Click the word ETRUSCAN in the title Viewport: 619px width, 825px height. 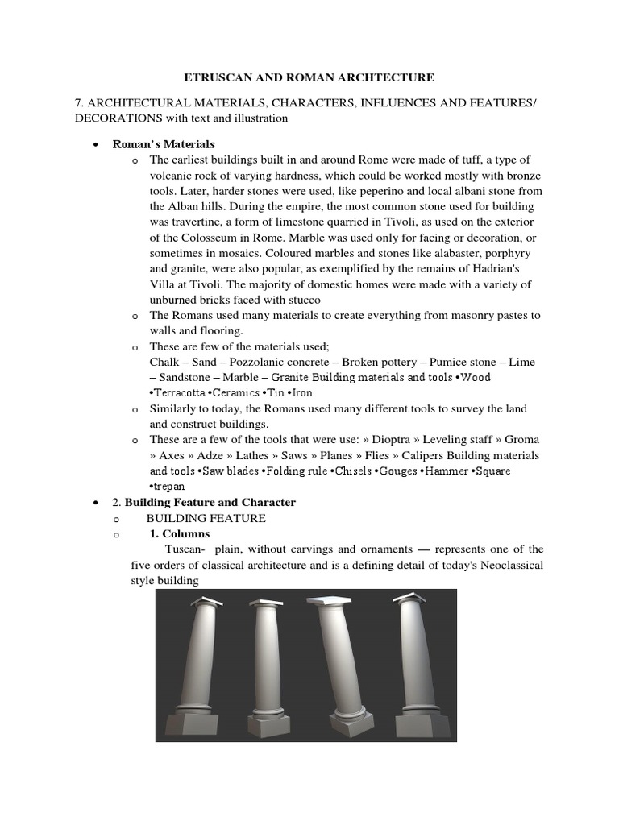point(210,77)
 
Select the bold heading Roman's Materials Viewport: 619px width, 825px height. point(171,144)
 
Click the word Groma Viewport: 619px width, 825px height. point(523,439)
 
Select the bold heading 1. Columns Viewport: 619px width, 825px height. point(180,533)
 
